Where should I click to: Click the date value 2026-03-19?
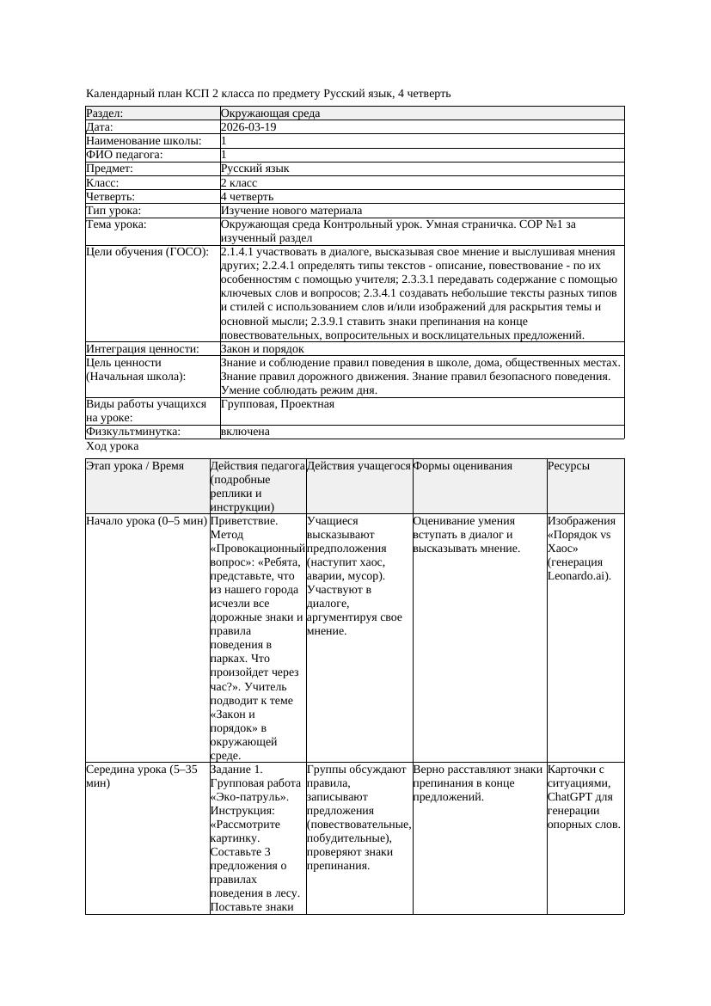[248, 127]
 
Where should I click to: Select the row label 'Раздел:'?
[105, 113]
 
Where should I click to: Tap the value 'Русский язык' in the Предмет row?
[254, 169]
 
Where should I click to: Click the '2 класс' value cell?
[239, 183]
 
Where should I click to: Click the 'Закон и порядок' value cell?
[261, 349]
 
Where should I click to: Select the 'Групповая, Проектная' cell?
[277, 404]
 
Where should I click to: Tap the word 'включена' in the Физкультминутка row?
[245, 432]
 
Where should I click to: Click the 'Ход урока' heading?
[112, 447]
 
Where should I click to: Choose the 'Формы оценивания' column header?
[463, 466]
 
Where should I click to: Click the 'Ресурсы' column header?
[568, 466]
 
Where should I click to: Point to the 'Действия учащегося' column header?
[359, 466]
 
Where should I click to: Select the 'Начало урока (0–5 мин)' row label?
[146, 521]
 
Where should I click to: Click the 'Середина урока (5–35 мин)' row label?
[142, 770]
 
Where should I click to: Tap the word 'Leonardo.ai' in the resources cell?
[578, 576]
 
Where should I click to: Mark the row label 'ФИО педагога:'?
[125, 155]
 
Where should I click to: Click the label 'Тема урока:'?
[117, 224]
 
